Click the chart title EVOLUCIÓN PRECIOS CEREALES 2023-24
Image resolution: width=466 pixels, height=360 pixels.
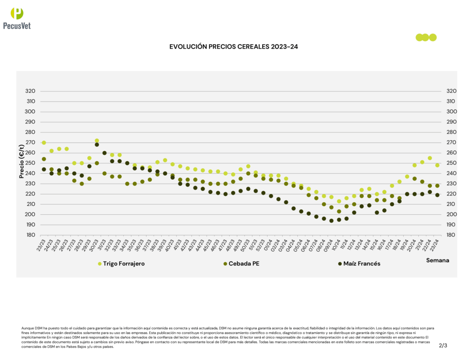233,46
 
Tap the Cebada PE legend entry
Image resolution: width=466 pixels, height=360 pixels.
248,264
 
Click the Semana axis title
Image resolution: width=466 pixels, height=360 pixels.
437,260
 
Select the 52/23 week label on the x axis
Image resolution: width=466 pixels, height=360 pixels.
260,246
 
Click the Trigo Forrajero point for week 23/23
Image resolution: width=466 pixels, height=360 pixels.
44,142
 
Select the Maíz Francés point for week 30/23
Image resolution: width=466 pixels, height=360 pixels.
97,145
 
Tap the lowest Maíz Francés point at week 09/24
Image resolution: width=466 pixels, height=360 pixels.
331,221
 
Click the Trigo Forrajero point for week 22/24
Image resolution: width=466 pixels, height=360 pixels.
430,158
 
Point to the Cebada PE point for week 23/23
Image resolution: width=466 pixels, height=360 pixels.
44,159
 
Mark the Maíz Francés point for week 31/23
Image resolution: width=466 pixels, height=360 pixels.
105,153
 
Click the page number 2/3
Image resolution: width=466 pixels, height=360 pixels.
443,345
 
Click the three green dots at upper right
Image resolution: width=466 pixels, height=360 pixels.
426,37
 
